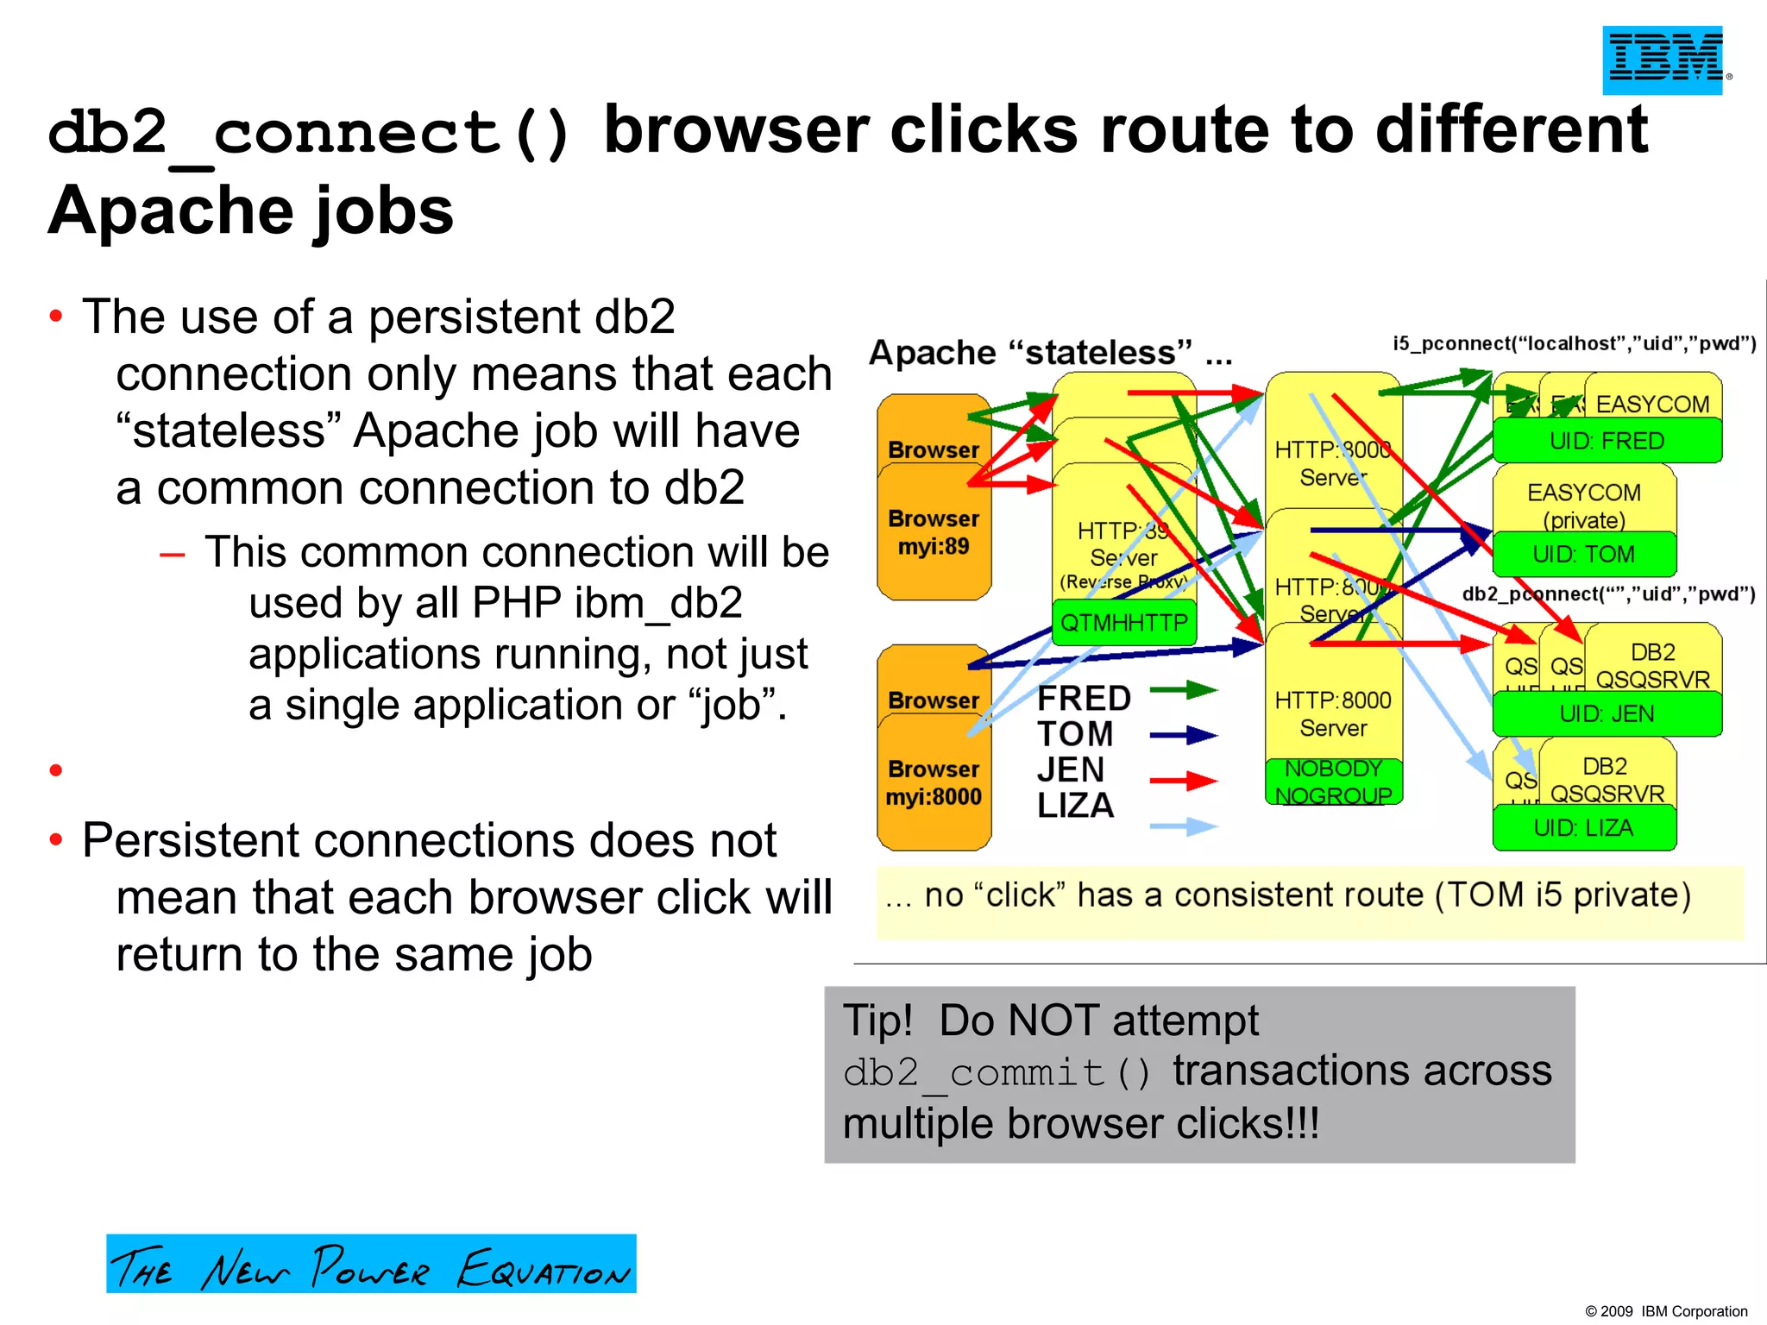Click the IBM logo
[x=1663, y=60]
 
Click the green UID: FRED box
[x=1607, y=441]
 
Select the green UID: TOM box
[x=1584, y=554]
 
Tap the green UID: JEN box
[x=1607, y=713]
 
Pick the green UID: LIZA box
[x=1584, y=828]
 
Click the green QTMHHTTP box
[x=1123, y=622]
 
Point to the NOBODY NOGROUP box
[x=1333, y=782]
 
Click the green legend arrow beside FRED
[x=1183, y=690]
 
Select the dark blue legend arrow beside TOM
[x=1183, y=736]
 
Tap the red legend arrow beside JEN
[x=1183, y=782]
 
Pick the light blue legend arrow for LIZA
[x=1183, y=827]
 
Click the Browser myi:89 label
[x=934, y=532]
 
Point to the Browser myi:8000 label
[x=934, y=782]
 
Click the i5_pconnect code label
[x=1575, y=343]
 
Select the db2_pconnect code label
[x=1608, y=593]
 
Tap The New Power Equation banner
[x=371, y=1265]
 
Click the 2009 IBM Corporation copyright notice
[x=1665, y=1311]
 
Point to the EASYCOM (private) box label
[x=1584, y=506]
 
